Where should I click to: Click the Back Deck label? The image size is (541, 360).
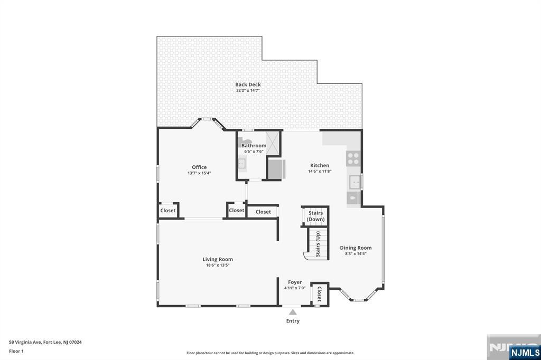(248, 84)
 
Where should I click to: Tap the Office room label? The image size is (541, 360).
(199, 167)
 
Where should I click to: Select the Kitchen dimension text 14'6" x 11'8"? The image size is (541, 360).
(320, 171)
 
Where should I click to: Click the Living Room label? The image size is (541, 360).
(217, 259)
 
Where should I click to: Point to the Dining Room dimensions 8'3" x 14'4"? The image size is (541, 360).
(356, 253)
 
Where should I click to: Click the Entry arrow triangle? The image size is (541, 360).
(293, 312)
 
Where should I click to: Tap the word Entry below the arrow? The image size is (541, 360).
(293, 321)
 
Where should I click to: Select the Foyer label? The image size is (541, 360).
(295, 282)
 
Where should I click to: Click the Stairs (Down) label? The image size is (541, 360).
(316, 216)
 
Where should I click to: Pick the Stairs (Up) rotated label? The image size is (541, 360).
(318, 244)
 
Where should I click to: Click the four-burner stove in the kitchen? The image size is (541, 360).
(353, 158)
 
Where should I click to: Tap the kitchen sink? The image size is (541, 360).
(355, 182)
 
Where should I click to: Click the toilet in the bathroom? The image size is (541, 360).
(246, 140)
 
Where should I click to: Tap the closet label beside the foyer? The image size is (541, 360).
(319, 294)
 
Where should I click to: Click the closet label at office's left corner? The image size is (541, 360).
(167, 210)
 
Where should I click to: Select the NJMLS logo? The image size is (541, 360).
(525, 353)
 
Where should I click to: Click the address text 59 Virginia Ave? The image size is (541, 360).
(25, 343)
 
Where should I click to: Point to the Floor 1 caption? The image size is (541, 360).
(16, 352)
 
